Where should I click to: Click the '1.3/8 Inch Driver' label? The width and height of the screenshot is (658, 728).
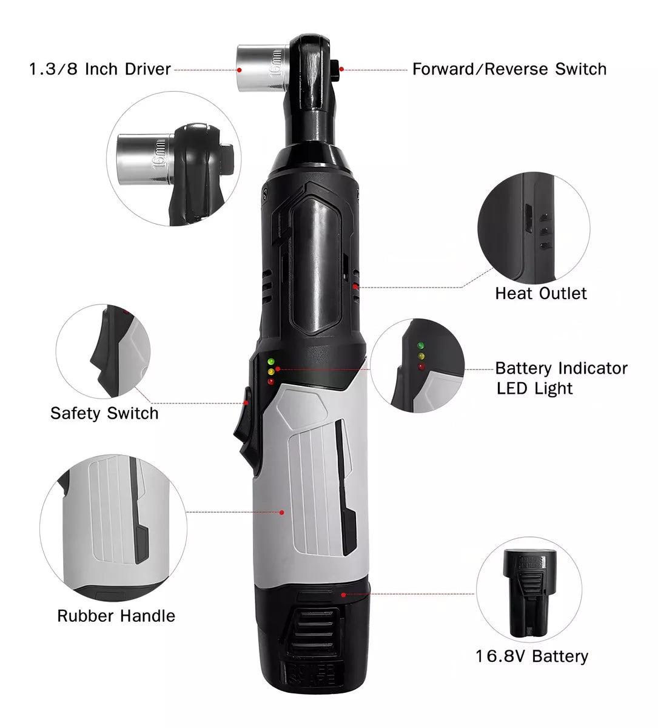[x=100, y=69]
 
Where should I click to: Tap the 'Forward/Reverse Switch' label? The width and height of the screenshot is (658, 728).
[x=509, y=69]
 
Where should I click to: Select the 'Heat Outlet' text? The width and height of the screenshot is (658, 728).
[x=541, y=293]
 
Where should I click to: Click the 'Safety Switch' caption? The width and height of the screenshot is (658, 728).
[x=104, y=413]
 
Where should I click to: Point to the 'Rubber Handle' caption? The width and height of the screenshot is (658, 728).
[x=116, y=616]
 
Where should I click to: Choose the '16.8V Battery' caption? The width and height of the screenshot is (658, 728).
[x=532, y=656]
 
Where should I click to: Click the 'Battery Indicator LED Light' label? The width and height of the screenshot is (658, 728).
[x=562, y=378]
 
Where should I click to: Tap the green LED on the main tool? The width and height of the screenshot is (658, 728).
[x=270, y=362]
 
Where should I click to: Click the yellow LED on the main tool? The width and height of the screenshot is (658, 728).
[x=270, y=372]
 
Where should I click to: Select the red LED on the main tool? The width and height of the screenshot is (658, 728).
[x=270, y=382]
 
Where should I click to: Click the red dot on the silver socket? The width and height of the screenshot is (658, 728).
[x=239, y=70]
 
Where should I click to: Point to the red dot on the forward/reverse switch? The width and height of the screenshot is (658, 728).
[x=341, y=69]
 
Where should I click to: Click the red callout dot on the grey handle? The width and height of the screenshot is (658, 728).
[x=282, y=513]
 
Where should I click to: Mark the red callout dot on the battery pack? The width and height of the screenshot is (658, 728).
[x=343, y=595]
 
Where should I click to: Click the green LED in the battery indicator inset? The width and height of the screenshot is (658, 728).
[x=421, y=345]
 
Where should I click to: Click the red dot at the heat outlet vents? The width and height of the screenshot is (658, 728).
[x=355, y=287]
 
